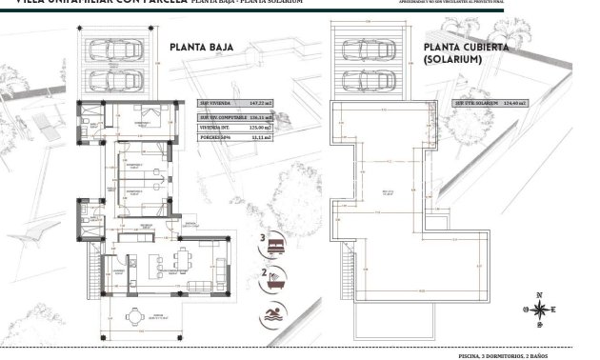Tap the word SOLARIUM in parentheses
point(452,59)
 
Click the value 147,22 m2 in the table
point(258,103)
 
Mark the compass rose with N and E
point(539,310)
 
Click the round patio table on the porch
point(136,316)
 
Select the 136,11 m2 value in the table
point(258,115)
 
